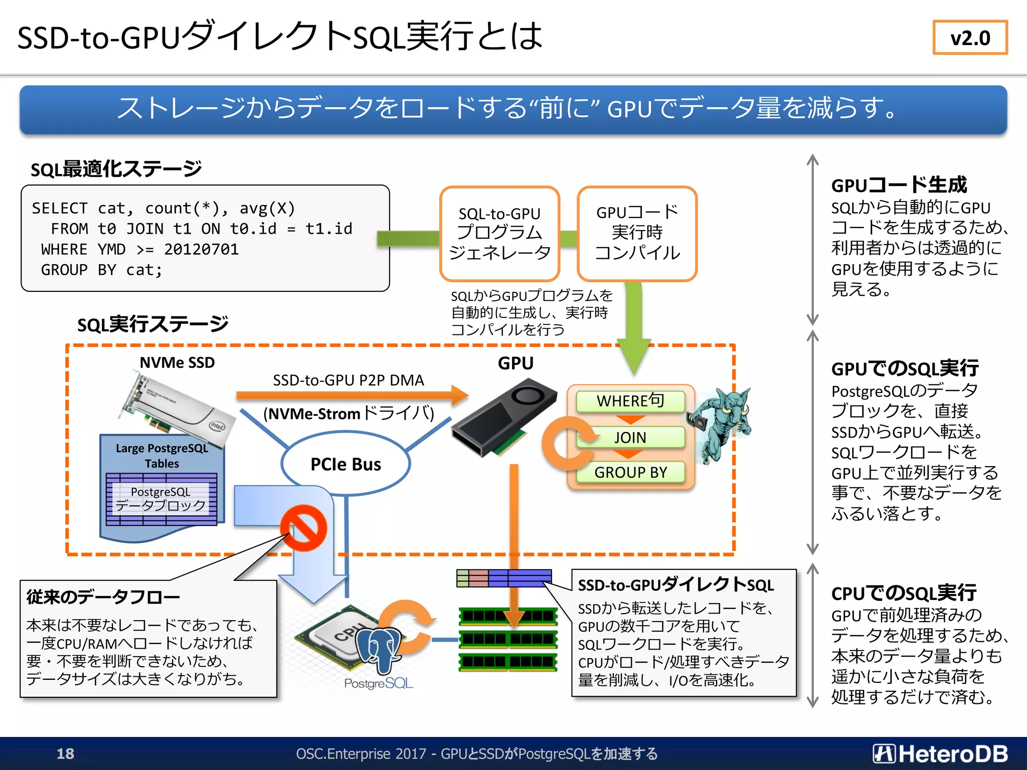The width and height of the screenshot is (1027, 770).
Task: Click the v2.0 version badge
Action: (x=970, y=38)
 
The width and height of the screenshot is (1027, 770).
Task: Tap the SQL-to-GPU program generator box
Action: (x=499, y=234)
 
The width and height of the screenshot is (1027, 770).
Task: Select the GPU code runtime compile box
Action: (x=637, y=234)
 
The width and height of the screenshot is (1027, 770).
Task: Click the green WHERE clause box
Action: (x=630, y=401)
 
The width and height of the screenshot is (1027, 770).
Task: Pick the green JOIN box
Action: (x=630, y=437)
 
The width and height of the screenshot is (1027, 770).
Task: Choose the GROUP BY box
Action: (x=630, y=472)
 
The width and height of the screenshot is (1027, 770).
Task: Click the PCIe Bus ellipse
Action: (x=346, y=464)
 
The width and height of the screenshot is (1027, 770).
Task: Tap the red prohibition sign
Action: (x=303, y=528)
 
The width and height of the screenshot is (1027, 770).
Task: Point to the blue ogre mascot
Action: (x=722, y=424)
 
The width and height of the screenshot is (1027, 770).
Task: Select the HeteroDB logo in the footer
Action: (x=940, y=753)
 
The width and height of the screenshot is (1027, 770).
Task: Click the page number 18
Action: (x=65, y=753)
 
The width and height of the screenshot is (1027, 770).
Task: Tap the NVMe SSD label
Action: (x=177, y=362)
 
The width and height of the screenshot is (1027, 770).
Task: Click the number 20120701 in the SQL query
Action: (x=201, y=249)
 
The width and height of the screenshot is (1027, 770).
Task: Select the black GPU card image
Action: (x=501, y=419)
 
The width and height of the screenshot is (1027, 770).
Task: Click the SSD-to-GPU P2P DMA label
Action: (x=348, y=380)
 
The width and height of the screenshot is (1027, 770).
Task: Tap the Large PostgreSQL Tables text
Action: (x=161, y=455)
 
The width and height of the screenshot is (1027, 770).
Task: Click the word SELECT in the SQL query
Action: (x=59, y=208)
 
